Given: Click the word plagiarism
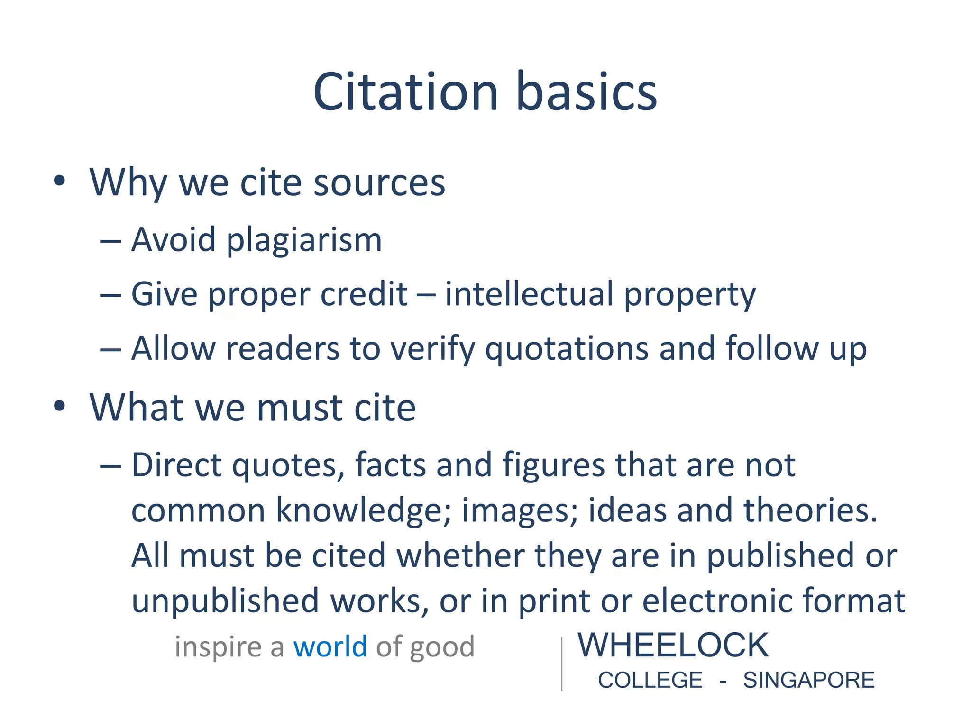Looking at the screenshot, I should (304, 241).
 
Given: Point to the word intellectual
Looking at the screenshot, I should (529, 294).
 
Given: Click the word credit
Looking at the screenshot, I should (364, 294).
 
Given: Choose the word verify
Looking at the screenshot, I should (432, 349).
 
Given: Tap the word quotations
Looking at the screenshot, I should (567, 349).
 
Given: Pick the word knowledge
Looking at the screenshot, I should (363, 511).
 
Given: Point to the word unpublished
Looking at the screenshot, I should (225, 601).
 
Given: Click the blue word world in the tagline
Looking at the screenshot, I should (330, 646).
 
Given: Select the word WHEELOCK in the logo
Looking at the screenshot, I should (673, 645).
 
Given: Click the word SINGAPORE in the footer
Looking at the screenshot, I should (808, 680).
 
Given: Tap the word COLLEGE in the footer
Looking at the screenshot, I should (650, 680).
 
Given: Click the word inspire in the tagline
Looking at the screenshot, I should (218, 647).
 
